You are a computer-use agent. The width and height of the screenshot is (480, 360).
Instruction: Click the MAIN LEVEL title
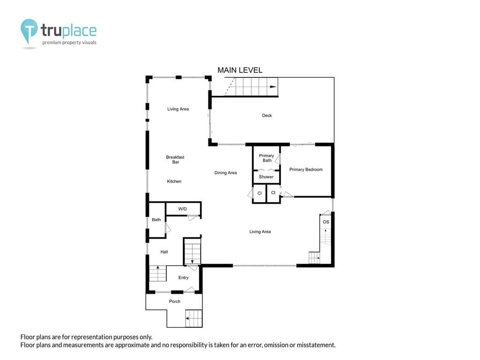click(x=240, y=70)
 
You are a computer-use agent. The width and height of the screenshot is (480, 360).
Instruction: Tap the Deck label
click(x=267, y=115)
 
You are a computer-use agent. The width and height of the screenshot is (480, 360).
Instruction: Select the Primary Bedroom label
click(x=306, y=169)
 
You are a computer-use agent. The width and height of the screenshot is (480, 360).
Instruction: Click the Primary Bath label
click(x=267, y=158)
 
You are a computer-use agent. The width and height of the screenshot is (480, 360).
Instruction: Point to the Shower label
click(x=266, y=177)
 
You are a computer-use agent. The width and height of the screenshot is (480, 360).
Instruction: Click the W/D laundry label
click(x=182, y=209)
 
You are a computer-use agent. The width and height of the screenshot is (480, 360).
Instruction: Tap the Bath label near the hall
click(x=156, y=219)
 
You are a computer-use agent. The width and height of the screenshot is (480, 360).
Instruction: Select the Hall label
click(x=164, y=252)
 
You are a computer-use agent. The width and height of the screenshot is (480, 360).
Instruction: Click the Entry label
click(x=183, y=277)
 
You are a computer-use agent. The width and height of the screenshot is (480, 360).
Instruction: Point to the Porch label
click(x=175, y=301)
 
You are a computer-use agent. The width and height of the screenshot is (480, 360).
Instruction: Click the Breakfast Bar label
click(x=175, y=159)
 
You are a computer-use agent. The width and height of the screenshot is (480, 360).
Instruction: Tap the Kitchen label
click(x=174, y=181)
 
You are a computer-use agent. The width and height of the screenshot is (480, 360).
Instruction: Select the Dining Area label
click(x=225, y=172)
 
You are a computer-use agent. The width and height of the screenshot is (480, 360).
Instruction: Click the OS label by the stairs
click(x=326, y=222)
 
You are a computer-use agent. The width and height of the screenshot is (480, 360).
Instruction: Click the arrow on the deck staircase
click(x=273, y=87)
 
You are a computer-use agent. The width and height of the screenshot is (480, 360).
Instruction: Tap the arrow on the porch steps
click(x=187, y=318)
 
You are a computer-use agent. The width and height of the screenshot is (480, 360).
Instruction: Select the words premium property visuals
click(x=69, y=43)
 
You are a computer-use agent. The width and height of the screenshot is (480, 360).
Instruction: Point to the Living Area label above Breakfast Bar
click(x=178, y=109)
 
